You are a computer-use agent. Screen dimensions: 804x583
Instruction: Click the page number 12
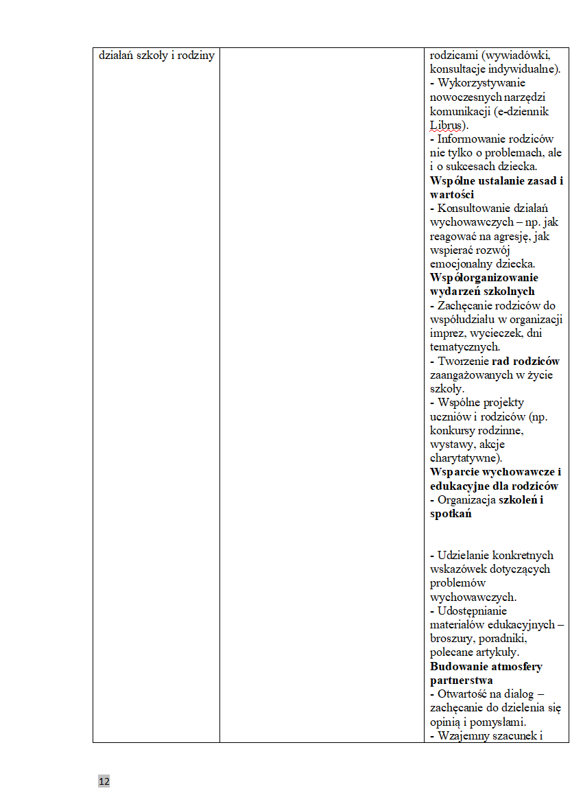[104, 781]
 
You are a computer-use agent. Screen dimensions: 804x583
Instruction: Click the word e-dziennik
[525, 111]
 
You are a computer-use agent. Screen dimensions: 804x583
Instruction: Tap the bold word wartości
[452, 195]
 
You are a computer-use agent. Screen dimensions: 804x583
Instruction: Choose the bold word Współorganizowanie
[484, 278]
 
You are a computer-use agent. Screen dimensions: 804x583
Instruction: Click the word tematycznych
[464, 347]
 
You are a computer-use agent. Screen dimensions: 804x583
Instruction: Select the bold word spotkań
[451, 514]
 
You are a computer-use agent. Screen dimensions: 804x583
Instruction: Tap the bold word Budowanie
[457, 666]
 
